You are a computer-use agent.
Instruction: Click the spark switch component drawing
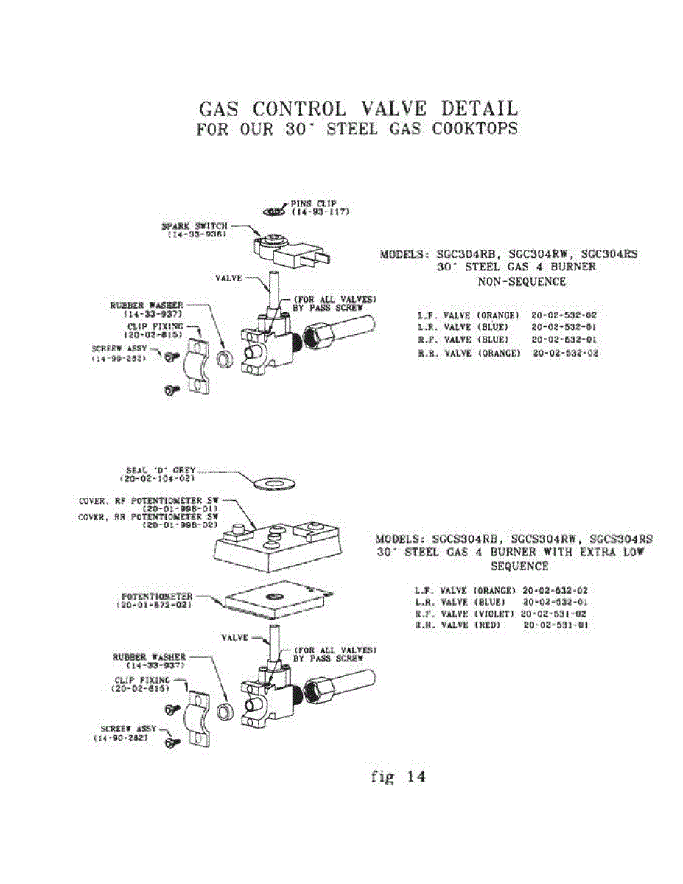coord(288,250)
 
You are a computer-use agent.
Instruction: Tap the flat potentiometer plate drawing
coord(273,600)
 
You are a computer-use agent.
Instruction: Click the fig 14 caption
coord(398,776)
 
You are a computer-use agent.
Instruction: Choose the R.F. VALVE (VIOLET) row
coord(501,613)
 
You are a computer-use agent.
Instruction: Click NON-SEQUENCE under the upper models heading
coord(522,281)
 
